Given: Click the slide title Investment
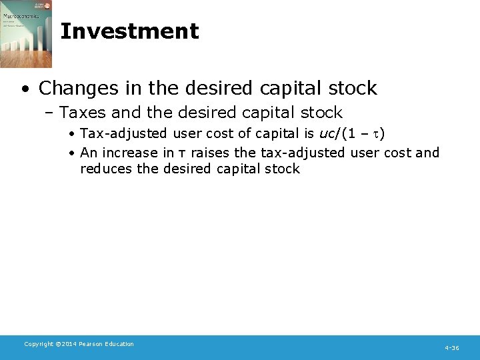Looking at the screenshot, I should point(129,31).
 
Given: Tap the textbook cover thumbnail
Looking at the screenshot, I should point(26,34).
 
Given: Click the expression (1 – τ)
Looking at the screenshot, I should point(363,134).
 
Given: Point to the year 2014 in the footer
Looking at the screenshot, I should point(70,344).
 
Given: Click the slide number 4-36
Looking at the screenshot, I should point(451,348).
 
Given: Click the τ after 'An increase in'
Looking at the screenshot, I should point(183,153).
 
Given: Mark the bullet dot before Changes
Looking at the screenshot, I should point(25,89).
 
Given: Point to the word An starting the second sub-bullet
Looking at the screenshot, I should point(88,153).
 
